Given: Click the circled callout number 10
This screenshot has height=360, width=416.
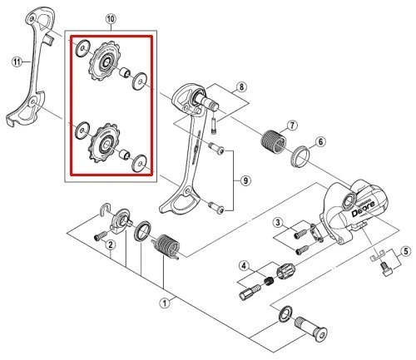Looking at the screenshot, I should click(x=111, y=18).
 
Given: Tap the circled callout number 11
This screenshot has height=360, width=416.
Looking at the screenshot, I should click(x=14, y=60).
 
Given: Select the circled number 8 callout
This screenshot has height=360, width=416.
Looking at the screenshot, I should click(x=241, y=86).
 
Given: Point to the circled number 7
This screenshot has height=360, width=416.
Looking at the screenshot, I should click(x=291, y=125).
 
